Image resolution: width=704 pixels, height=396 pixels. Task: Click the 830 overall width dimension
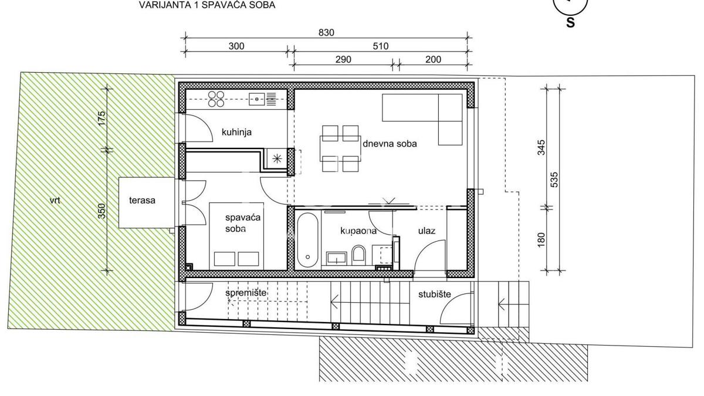(326, 33)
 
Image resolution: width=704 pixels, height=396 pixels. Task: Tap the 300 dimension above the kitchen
(236, 46)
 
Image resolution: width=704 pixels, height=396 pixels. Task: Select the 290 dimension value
(343, 59)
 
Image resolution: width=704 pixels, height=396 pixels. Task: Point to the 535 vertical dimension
(554, 180)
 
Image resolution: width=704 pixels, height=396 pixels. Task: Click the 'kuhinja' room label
(236, 132)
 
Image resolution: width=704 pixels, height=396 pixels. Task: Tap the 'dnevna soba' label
(390, 144)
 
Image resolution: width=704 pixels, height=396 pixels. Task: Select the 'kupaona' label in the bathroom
(358, 231)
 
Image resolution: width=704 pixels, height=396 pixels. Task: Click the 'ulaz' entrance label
(427, 231)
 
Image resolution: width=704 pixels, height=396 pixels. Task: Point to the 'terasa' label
(142, 201)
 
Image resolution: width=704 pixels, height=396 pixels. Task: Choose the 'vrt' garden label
(55, 200)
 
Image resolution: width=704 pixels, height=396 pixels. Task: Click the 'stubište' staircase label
(434, 294)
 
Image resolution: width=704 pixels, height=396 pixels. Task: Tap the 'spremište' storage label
(246, 293)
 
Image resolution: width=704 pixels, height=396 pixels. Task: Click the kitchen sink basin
(258, 99)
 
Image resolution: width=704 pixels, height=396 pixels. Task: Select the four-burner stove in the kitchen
(216, 99)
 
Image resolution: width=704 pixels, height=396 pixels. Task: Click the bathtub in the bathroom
(307, 241)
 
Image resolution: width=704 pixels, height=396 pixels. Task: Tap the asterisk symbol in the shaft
(277, 159)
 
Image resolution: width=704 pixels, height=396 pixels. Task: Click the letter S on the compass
(570, 23)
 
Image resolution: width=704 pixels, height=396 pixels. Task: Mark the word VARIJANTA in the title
(165, 5)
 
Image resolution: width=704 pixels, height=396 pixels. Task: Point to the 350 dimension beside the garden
(102, 211)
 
